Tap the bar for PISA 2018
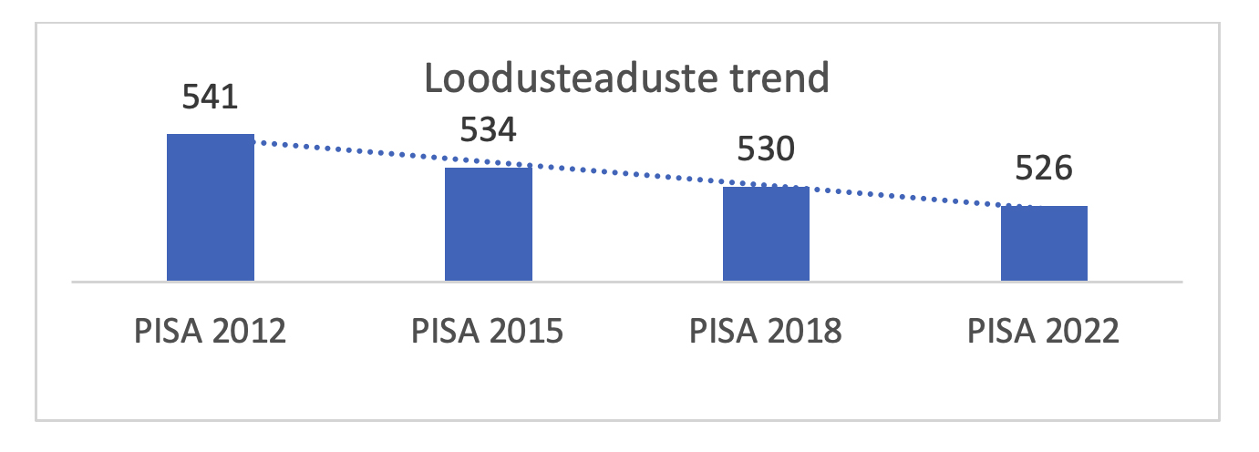[766, 234]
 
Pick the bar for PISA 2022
[1044, 243]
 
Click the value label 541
[211, 96]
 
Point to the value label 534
[488, 130]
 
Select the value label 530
[766, 149]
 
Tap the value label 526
[1043, 169]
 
